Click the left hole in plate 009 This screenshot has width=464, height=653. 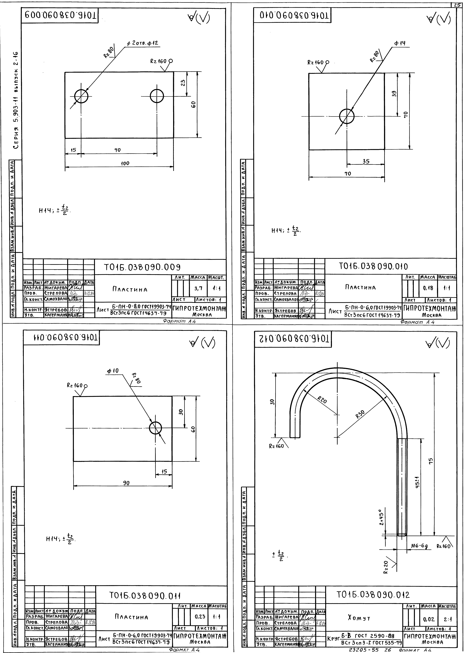[x=81, y=96]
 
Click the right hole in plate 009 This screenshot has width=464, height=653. [x=157, y=96]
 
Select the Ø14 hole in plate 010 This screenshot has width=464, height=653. [x=347, y=116]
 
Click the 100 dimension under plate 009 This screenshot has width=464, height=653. [x=125, y=163]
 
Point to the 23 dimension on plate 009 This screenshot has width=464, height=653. [x=183, y=83]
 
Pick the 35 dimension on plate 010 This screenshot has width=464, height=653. [x=366, y=161]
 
